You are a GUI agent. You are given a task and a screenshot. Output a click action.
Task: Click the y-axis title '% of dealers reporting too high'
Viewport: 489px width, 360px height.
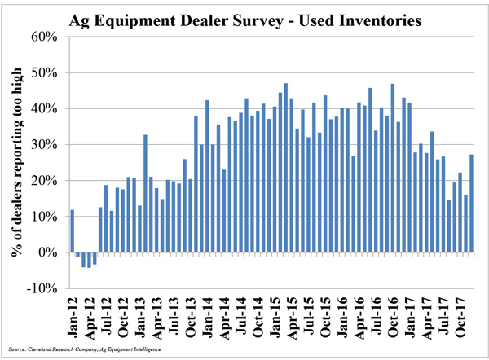point(17,163)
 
